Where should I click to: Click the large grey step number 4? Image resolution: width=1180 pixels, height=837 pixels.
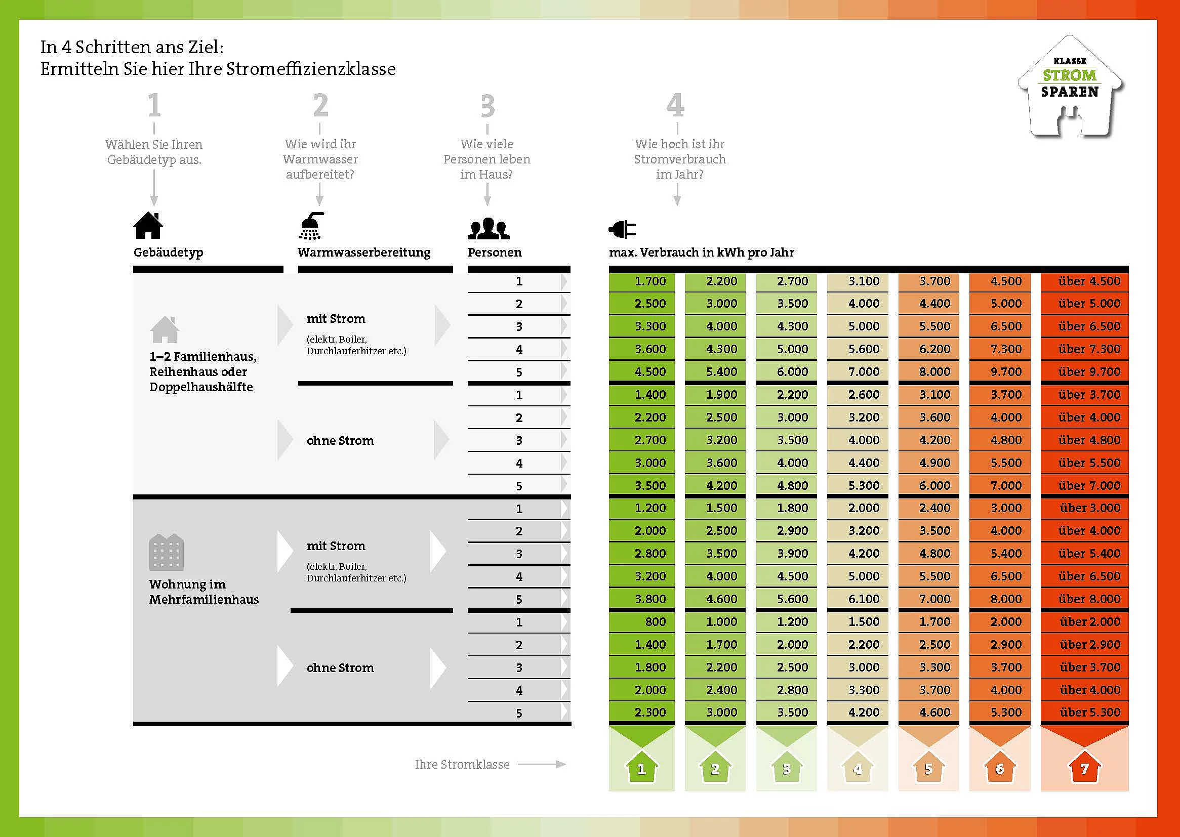tap(675, 105)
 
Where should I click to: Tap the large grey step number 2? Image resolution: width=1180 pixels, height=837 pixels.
tap(320, 106)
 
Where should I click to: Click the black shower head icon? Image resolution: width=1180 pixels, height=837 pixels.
tap(311, 226)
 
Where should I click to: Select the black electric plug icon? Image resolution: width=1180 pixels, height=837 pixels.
tap(622, 229)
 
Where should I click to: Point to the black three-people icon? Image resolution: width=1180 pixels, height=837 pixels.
tap(488, 229)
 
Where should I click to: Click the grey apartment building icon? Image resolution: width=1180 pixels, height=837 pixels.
tap(166, 552)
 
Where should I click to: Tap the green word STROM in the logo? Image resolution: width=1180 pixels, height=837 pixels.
tap(1069, 76)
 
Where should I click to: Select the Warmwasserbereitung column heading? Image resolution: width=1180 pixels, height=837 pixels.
tap(363, 253)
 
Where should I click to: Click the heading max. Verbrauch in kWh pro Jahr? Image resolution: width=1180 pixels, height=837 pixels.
tap(701, 253)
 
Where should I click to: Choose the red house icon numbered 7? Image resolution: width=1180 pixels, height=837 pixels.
tap(1084, 769)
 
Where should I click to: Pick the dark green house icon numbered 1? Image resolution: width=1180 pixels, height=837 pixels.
tap(641, 769)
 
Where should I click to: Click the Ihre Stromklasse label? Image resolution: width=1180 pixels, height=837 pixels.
tap(462, 764)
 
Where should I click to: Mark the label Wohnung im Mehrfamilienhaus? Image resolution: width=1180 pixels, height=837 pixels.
tap(204, 592)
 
